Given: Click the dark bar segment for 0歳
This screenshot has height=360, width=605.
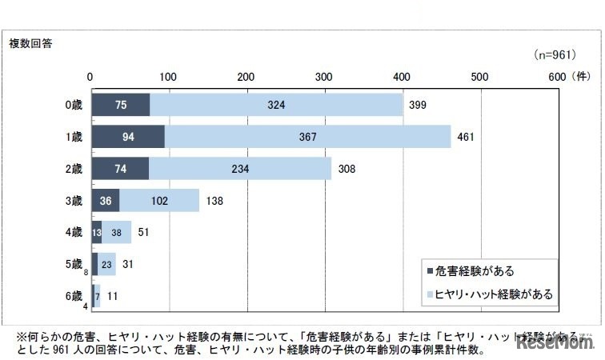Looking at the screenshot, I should tap(120, 105).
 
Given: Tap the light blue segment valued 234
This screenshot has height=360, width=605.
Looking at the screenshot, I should tap(240, 169).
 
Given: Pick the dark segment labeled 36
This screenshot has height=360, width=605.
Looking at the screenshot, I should tap(105, 201).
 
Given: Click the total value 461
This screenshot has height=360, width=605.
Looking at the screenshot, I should tap(466, 137).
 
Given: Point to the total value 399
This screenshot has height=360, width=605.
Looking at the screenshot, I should tap(418, 105).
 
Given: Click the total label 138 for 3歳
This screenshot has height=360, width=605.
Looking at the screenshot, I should tap(214, 201).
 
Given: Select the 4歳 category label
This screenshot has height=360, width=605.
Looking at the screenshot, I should tap(74, 232).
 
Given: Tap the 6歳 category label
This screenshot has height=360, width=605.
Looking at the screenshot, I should tap(74, 296).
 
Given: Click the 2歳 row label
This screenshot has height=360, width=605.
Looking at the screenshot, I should tap(74, 169).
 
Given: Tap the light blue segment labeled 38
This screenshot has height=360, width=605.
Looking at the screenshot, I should tap(117, 232).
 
